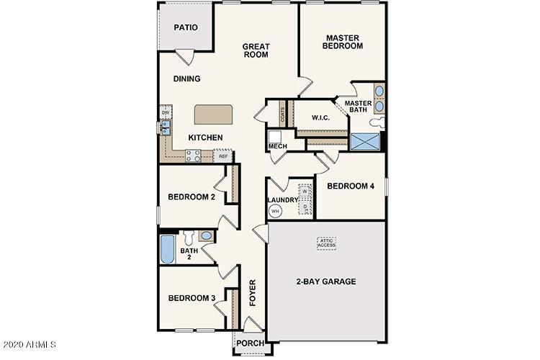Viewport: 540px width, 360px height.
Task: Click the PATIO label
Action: click(186, 28)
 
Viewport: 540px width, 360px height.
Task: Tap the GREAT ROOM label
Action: click(256, 49)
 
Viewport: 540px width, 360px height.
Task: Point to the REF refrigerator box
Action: click(223, 156)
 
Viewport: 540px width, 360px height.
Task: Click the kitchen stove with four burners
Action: click(193, 155)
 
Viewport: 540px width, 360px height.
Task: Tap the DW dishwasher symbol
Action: click(166, 113)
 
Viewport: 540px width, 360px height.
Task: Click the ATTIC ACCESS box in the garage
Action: click(327, 243)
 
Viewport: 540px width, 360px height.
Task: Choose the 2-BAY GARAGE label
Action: click(326, 282)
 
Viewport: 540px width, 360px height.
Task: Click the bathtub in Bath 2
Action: click(166, 250)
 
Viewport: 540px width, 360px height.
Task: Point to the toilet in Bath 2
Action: click(189, 238)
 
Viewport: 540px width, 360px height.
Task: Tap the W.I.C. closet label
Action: click(320, 117)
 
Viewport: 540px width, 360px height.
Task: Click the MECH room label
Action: click(277, 147)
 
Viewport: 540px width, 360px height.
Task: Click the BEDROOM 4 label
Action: click(351, 186)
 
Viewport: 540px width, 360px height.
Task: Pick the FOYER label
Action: click(253, 293)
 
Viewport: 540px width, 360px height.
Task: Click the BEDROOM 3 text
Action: click(192, 298)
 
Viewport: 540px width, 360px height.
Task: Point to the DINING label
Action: click(186, 79)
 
